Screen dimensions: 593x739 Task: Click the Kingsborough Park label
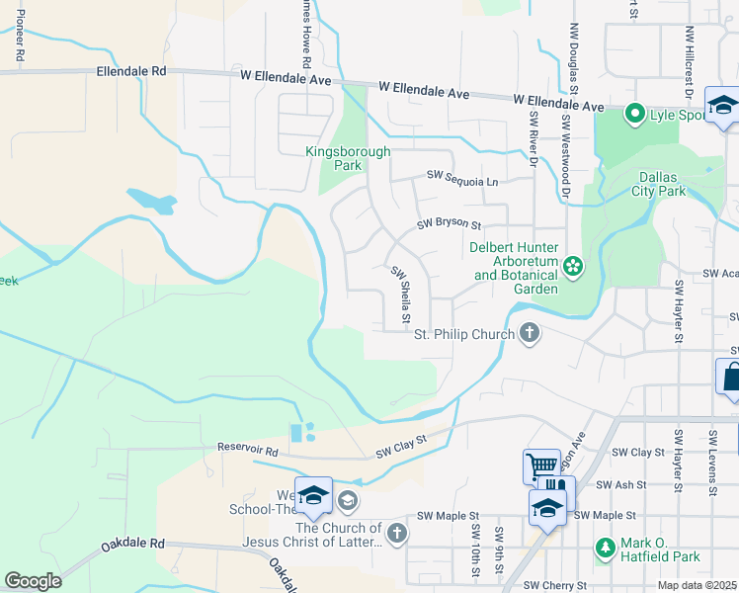tap(348, 159)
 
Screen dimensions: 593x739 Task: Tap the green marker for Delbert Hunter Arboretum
tap(571, 266)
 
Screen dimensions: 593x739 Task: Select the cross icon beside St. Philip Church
tap(530, 334)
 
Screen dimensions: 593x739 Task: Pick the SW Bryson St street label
tap(448, 225)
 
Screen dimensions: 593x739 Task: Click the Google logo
tap(33, 581)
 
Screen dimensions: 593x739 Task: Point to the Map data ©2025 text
tap(698, 585)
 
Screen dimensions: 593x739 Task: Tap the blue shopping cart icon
tap(541, 466)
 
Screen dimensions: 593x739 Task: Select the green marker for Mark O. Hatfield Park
tap(605, 546)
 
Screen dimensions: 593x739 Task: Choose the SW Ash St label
tap(622, 484)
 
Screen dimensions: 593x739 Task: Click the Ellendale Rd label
tap(131, 72)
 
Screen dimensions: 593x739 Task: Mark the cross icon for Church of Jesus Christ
tap(396, 535)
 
